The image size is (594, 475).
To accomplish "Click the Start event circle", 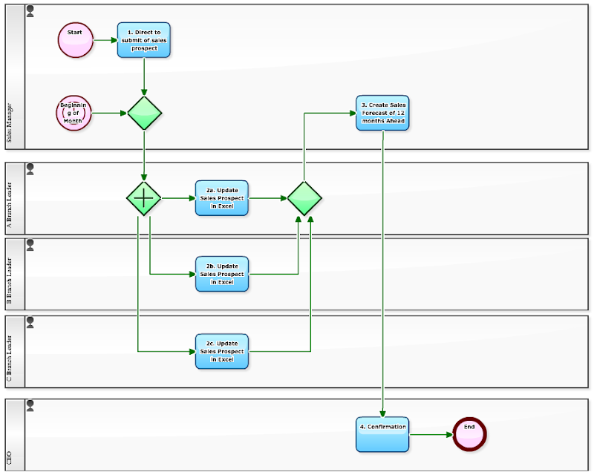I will pos(76,40).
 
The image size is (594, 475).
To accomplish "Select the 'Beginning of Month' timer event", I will pos(74,114).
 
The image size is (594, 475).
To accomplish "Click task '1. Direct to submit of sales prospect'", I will pos(143,40).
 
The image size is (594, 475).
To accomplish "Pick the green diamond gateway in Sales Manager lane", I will pos(144,114).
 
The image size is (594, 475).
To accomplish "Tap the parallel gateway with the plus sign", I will pos(143,198).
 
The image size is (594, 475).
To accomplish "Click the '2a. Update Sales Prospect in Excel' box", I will pos(222,198).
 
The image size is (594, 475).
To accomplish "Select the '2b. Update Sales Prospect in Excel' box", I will pos(222,274).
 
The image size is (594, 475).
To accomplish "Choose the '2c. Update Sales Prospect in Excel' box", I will pos(222,351).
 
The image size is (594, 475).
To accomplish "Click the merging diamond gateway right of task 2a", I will pos(304,198).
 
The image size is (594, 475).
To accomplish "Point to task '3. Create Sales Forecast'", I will pos(382,113).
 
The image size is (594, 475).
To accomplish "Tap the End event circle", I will pos(469,434).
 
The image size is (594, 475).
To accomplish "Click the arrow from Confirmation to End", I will pos(431,435).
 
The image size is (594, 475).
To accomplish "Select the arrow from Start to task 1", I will pos(105,40).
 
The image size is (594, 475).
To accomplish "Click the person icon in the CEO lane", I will pos(30,405).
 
